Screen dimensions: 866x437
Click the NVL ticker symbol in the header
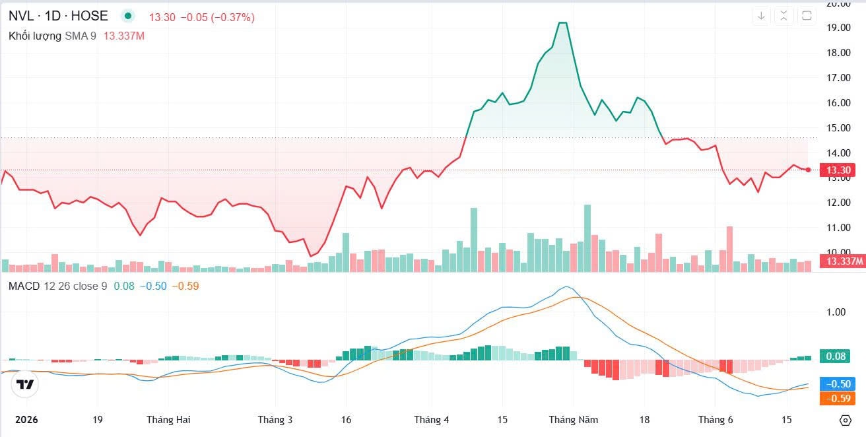[21, 16]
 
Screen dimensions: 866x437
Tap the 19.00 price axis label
[838, 28]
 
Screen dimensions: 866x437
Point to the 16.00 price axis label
[838, 102]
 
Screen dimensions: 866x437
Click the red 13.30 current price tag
[838, 170]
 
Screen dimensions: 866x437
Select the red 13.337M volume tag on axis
[843, 261]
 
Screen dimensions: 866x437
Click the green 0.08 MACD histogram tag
[835, 356]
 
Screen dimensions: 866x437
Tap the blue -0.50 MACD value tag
[838, 384]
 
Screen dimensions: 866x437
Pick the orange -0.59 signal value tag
[838, 398]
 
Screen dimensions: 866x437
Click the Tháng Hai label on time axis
[168, 420]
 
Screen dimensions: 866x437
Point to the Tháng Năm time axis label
[574, 420]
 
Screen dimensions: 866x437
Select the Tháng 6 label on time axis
[716, 420]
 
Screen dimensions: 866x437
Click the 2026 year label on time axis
[26, 420]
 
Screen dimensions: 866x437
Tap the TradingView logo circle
[25, 384]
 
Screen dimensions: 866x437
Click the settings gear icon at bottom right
[846, 420]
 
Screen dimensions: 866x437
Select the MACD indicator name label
[24, 286]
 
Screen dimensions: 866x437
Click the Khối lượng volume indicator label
[35, 36]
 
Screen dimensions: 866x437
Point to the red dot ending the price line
[808, 170]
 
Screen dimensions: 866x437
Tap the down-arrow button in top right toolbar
[761, 16]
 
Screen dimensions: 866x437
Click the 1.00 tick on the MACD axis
[836, 312]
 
